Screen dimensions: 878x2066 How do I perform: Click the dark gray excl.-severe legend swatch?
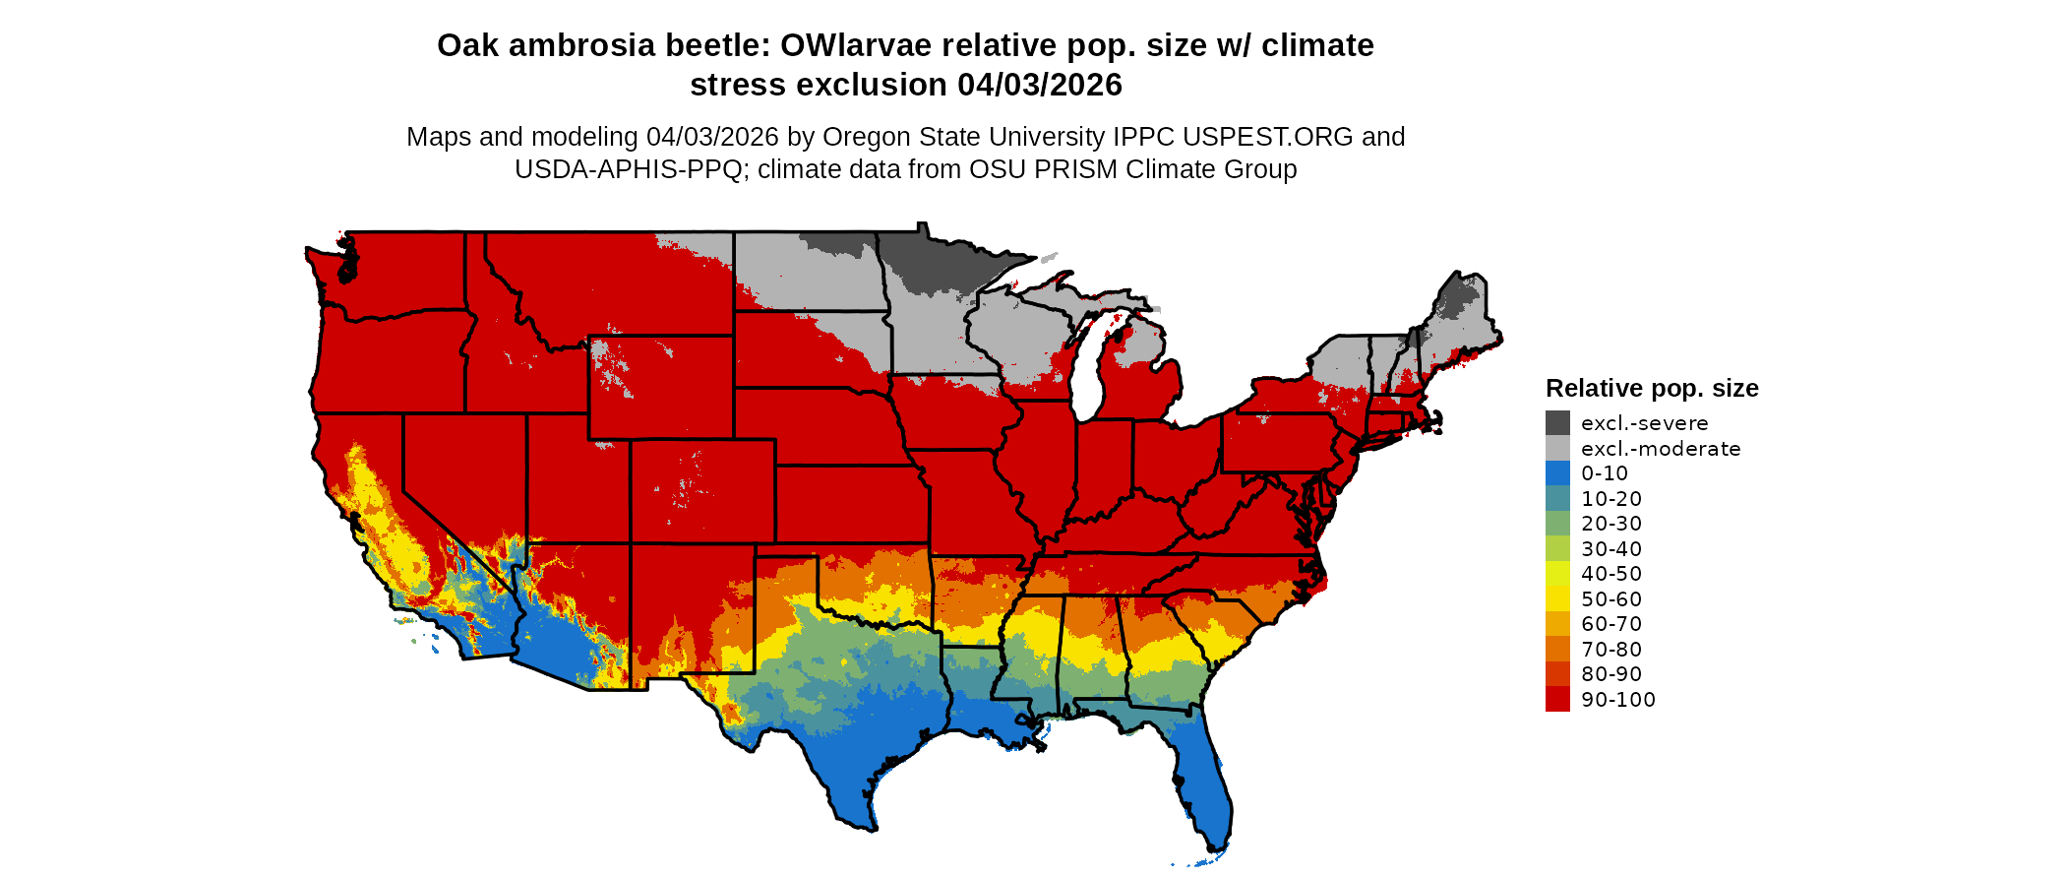coord(1557,423)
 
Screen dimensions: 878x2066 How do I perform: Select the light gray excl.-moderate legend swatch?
coord(1557,448)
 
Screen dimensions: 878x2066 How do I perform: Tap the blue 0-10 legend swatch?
coord(1557,473)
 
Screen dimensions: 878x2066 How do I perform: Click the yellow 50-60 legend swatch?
coord(1557,598)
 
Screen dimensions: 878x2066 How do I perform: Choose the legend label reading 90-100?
coord(1618,700)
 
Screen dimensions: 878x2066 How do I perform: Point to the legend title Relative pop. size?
coord(1652,389)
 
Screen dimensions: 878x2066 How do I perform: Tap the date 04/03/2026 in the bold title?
coord(1040,86)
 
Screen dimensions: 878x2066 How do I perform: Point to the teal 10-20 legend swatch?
coord(1557,498)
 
